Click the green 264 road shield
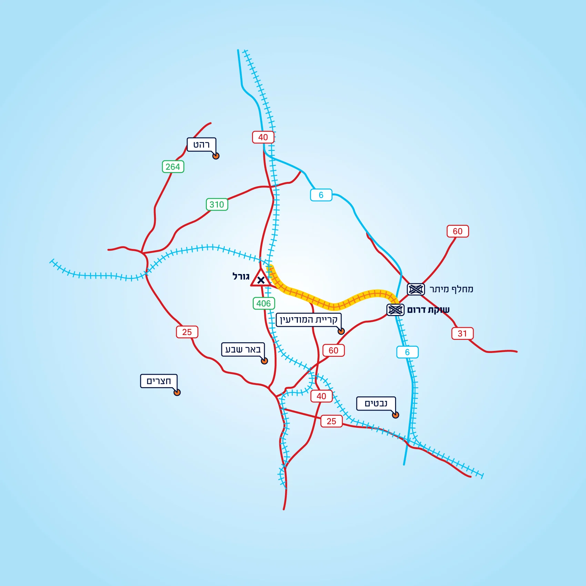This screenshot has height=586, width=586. click(173, 167)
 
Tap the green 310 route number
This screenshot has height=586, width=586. click(217, 204)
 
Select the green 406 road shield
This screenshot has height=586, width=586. click(264, 303)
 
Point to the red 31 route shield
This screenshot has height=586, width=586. click(462, 333)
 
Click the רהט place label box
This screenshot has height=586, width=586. click(201, 145)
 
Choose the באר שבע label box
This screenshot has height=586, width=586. click(243, 349)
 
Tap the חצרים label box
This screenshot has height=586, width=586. click(159, 381)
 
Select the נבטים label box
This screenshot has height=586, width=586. click(376, 403)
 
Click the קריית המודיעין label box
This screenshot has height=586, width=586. click(309, 320)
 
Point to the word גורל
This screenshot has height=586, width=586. click(241, 276)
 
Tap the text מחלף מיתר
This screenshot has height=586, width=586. click(451, 289)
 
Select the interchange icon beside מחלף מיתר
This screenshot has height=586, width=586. click(416, 289)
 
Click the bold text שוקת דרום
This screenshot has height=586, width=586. click(428, 310)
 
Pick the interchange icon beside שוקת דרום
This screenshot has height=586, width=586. click(395, 310)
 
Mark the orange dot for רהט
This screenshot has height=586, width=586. click(216, 156)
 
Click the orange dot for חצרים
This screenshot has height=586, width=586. click(177, 392)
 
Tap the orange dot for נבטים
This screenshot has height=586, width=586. click(395, 415)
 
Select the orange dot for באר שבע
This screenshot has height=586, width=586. click(264, 361)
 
